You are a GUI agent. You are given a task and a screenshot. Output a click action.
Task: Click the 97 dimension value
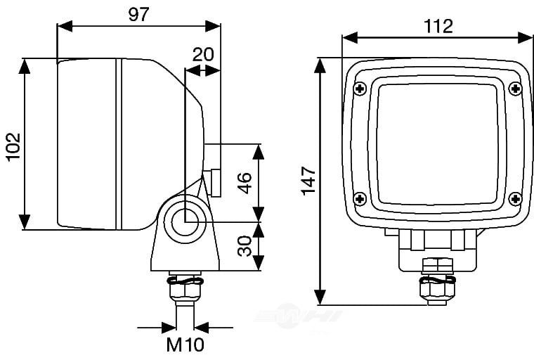(x=139, y=14)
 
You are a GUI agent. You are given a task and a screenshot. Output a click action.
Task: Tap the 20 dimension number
(x=203, y=54)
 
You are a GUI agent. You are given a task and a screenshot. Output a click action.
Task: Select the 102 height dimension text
(x=13, y=147)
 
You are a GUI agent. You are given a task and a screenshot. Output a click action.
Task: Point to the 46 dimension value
(x=245, y=183)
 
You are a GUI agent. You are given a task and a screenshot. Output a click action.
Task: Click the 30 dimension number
(x=245, y=246)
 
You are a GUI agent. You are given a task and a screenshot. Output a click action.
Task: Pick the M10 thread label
(x=185, y=345)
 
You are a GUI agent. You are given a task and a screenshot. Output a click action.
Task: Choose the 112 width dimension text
(x=438, y=26)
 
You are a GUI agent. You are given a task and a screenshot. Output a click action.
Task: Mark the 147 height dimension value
(x=309, y=181)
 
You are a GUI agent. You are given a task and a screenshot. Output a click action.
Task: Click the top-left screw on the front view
(x=360, y=89)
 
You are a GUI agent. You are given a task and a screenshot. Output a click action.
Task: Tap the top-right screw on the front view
(x=515, y=89)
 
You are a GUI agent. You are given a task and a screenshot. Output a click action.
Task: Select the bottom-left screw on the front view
(x=360, y=198)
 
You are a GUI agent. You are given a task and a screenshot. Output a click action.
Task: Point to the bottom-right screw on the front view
(x=515, y=198)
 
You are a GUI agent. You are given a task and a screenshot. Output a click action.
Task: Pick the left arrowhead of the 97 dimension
(x=65, y=26)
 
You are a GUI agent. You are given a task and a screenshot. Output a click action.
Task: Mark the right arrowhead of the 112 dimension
(x=524, y=37)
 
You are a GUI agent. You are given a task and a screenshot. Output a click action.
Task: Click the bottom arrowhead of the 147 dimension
(x=320, y=297)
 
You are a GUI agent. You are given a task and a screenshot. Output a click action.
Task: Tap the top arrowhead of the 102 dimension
(x=24, y=66)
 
